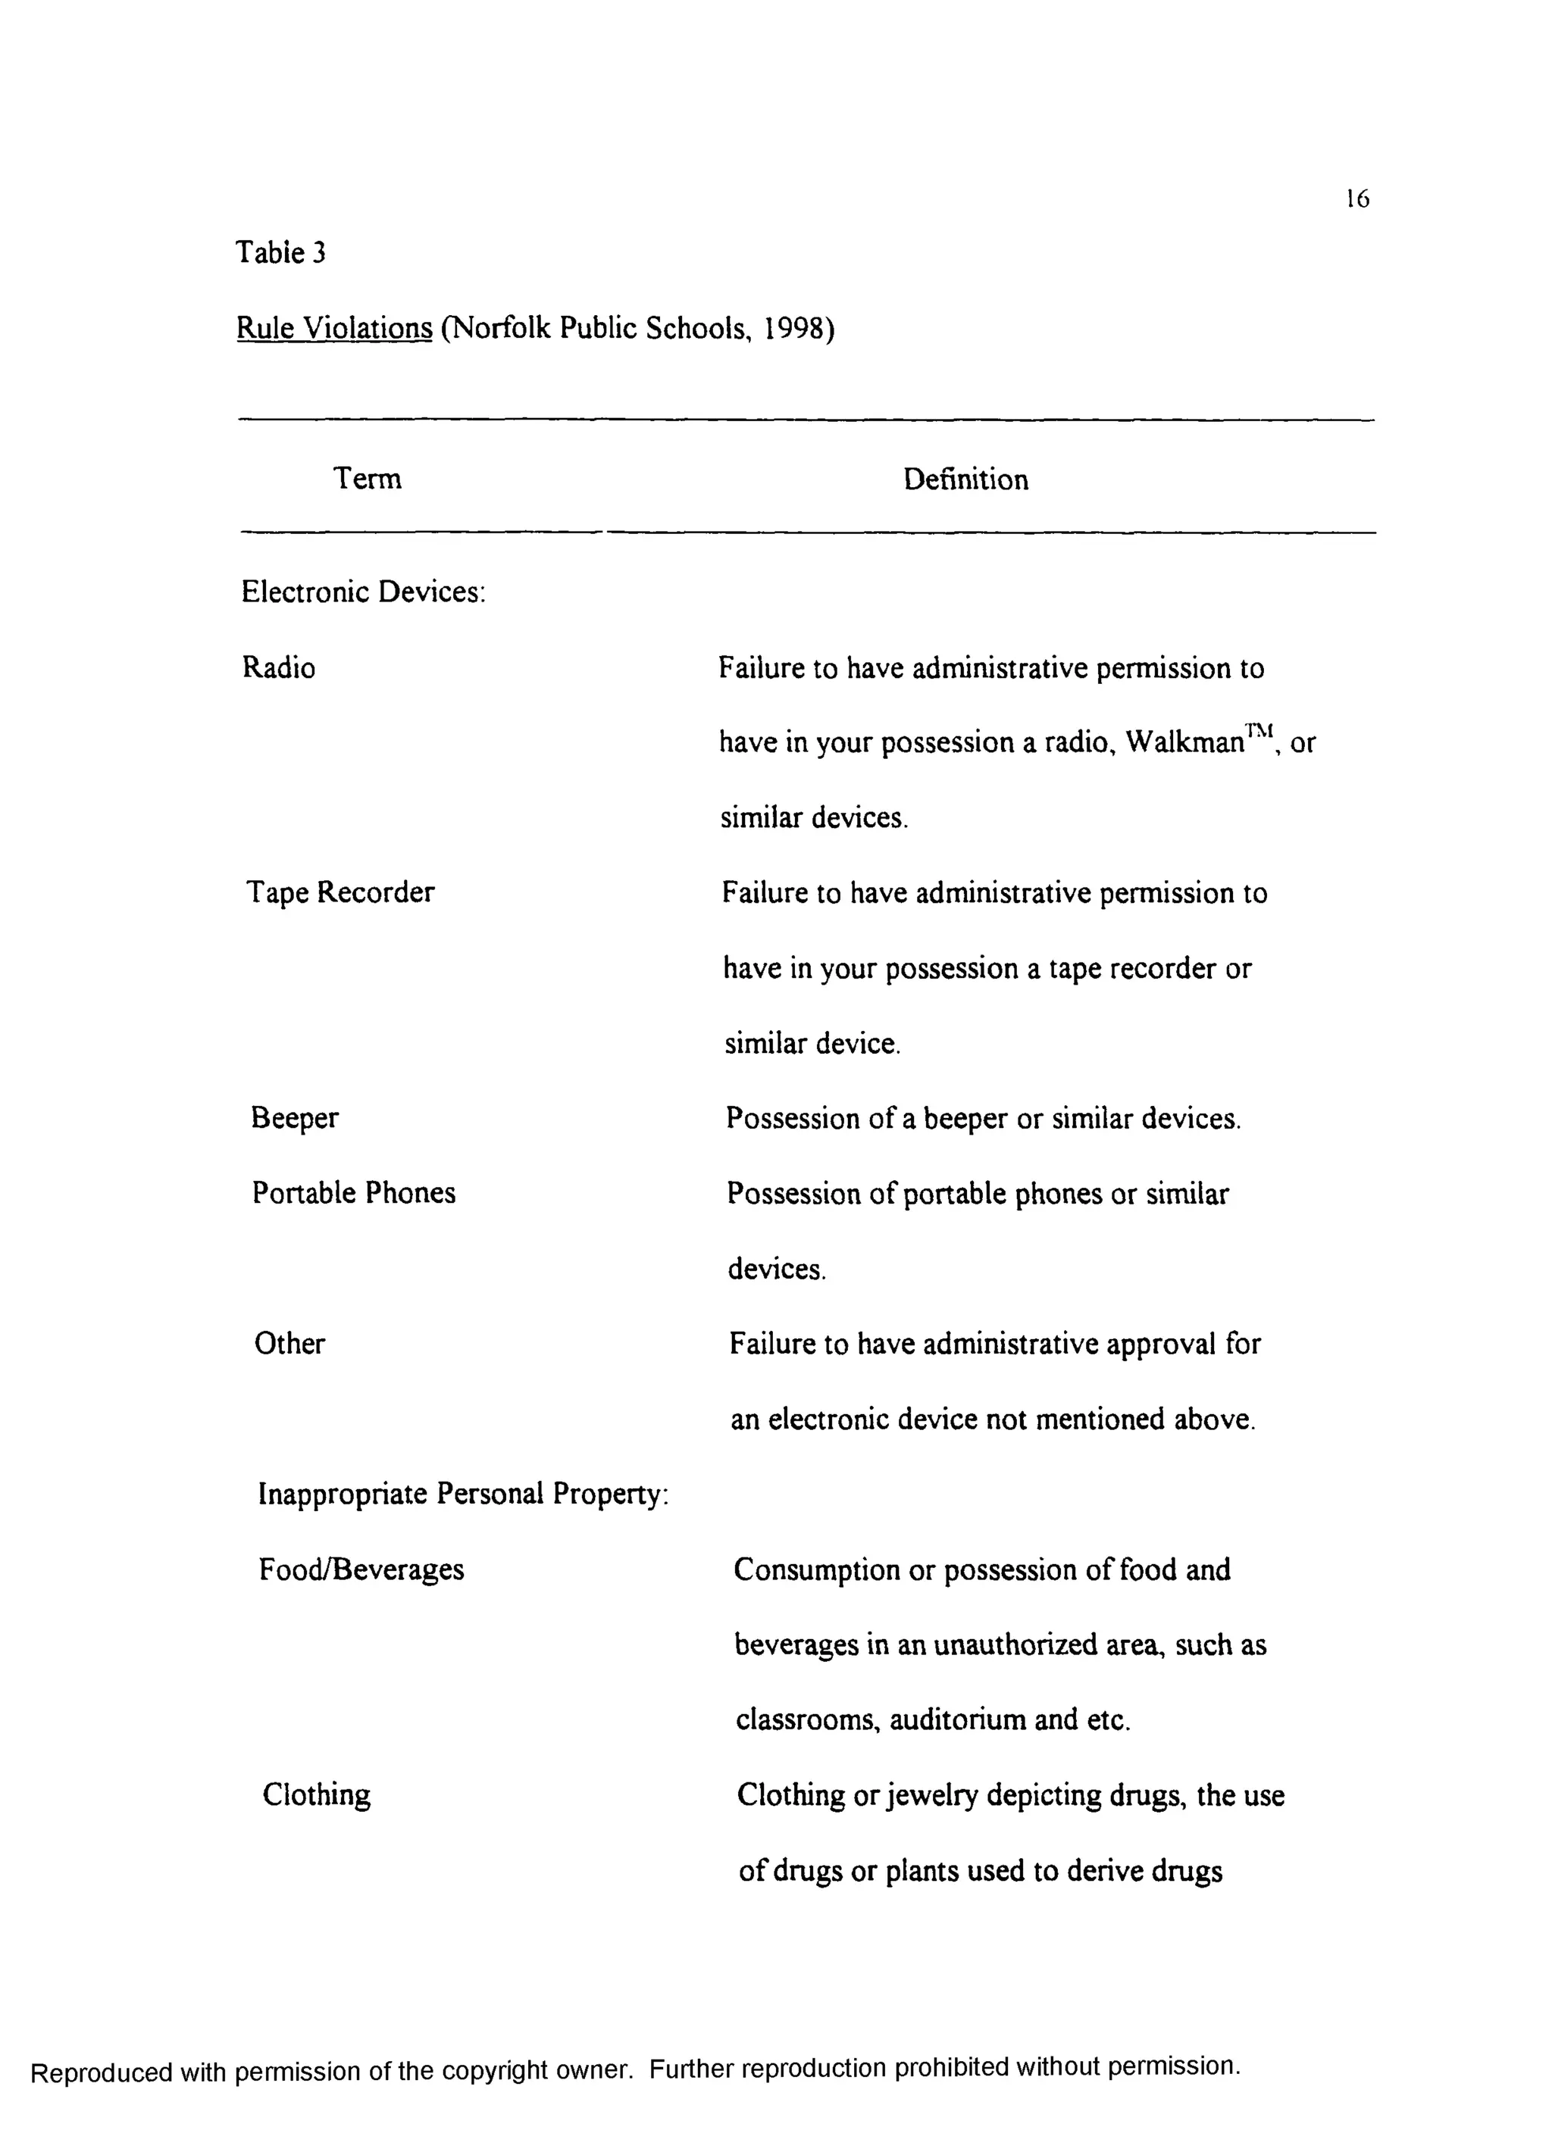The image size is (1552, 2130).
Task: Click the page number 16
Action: [1356, 198]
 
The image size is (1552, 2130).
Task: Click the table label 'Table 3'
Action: [280, 253]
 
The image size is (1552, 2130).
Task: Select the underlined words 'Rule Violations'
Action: [333, 328]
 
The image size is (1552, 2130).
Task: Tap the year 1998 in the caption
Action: [794, 328]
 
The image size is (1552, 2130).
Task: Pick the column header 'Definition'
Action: [965, 480]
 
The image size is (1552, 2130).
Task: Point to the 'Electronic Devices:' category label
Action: [363, 592]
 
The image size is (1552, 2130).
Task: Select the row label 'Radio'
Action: [278, 668]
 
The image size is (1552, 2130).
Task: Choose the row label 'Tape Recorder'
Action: [340, 892]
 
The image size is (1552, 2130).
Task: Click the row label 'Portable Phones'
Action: [353, 1193]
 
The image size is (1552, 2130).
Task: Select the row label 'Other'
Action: [289, 1343]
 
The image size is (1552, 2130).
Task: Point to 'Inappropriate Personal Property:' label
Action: [462, 1494]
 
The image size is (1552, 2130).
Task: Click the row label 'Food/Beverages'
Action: [361, 1569]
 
